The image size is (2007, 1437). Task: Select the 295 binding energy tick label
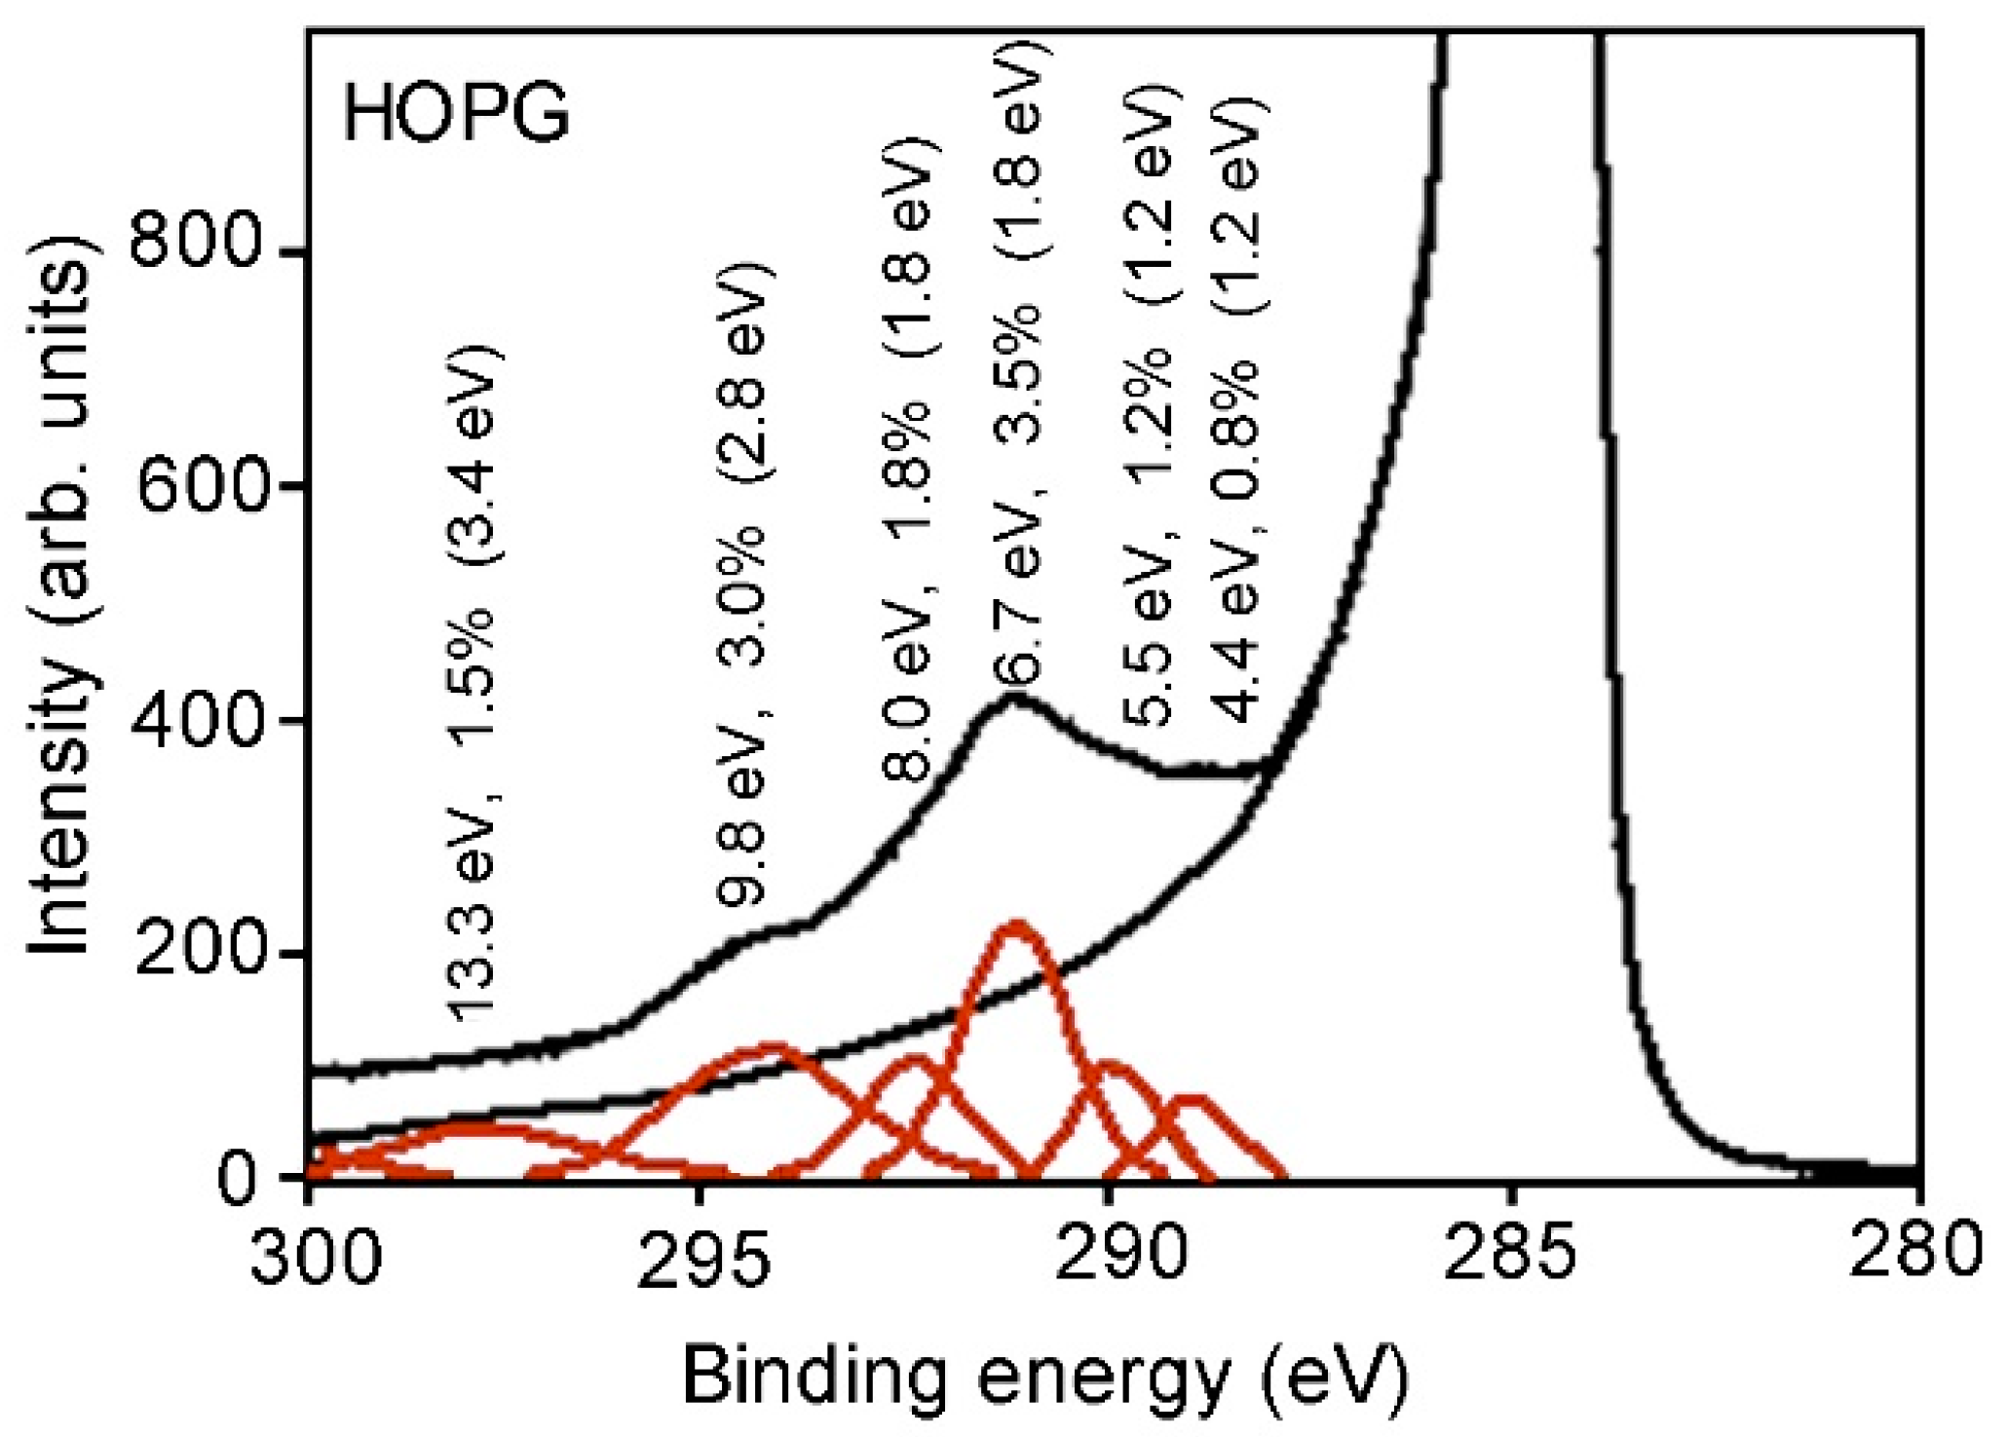(702, 1257)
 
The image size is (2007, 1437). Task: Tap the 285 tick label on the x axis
(1510, 1257)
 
